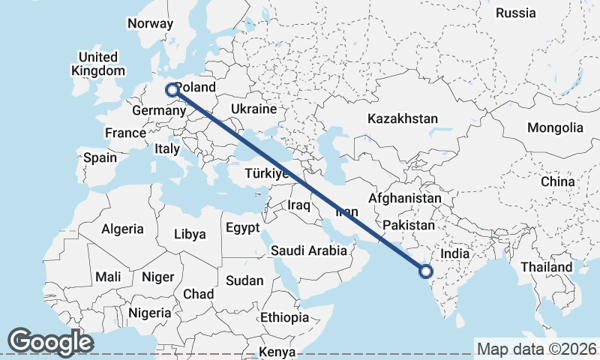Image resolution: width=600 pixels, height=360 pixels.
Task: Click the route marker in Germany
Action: point(172,89)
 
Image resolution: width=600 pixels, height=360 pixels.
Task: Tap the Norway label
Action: point(150,23)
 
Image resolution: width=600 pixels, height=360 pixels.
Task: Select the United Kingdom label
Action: point(98,64)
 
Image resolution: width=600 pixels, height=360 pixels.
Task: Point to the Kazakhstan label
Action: point(402,118)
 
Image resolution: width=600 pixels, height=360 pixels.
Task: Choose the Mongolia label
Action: point(554,127)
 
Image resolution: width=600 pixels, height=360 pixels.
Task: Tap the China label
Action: point(557,181)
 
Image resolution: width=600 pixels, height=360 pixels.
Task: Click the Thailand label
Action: point(547,267)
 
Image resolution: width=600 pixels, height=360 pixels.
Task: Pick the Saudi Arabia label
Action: point(309,250)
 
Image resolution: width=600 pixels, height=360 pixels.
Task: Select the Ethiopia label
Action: point(284,318)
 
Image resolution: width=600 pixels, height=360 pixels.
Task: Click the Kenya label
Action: point(277,352)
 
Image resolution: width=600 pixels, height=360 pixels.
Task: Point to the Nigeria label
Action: point(150,313)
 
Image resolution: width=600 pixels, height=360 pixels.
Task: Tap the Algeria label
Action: point(122,229)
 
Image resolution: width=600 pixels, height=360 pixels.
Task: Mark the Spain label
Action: point(100,158)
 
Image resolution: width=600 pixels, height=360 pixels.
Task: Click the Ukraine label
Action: point(253,109)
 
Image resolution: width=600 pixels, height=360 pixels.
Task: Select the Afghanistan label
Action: point(404,199)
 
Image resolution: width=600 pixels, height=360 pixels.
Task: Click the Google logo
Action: point(50,341)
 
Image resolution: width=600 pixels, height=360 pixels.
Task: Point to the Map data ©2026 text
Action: point(537,349)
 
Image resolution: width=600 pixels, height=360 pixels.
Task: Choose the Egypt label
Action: point(242,227)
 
